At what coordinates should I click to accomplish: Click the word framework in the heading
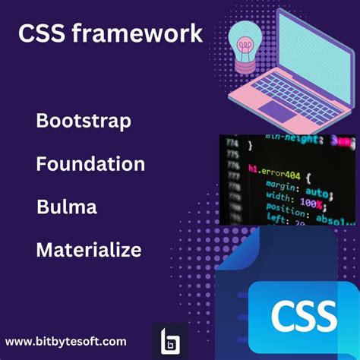tap(147, 34)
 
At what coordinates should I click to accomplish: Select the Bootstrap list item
tap(84, 121)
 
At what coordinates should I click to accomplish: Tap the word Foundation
tap(90, 163)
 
